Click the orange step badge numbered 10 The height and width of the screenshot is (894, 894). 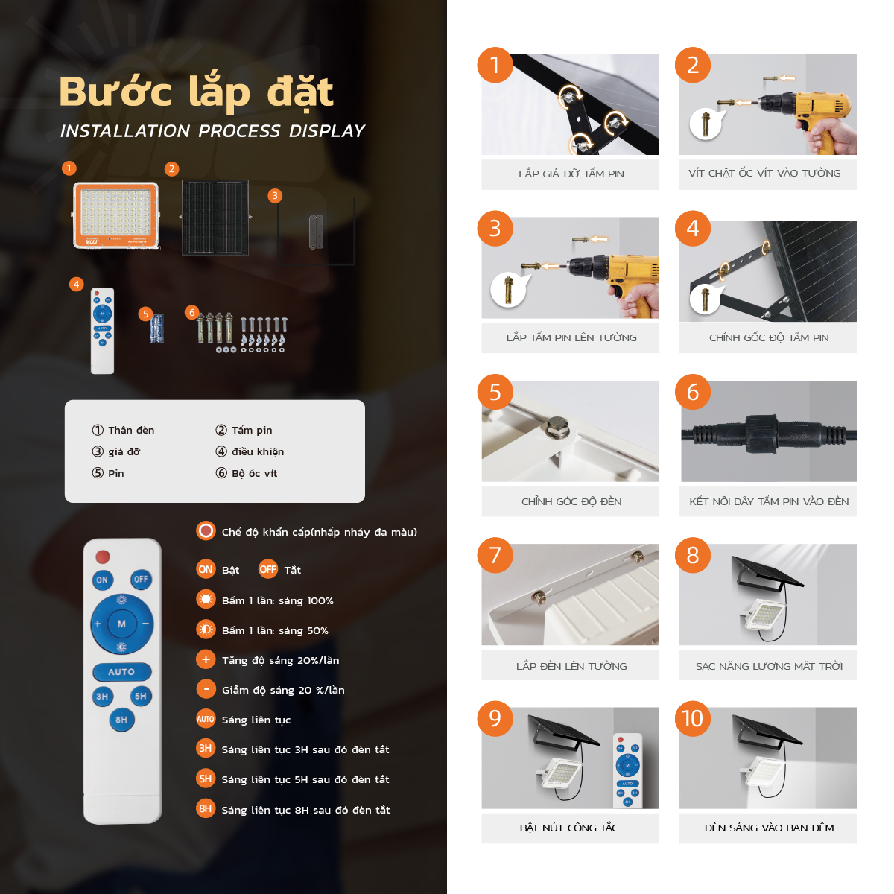click(x=692, y=719)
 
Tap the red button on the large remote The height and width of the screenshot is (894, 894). click(x=103, y=557)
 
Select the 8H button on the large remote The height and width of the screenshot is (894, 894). click(x=121, y=720)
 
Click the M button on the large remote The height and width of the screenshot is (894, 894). click(x=121, y=624)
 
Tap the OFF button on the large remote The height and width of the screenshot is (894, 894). click(x=141, y=579)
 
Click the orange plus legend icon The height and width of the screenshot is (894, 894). click(x=206, y=659)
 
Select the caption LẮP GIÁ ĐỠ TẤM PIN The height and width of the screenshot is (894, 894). click(x=571, y=174)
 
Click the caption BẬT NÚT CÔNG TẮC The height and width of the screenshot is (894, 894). click(x=569, y=828)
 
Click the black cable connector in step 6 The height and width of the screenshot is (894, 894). click(x=768, y=434)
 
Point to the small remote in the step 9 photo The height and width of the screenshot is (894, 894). click(x=627, y=770)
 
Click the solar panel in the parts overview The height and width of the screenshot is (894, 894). click(x=215, y=218)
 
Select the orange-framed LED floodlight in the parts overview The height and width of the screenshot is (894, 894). click(x=116, y=215)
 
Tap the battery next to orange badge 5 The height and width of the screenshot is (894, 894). click(x=156, y=328)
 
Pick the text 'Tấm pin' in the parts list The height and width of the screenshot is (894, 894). click(x=252, y=430)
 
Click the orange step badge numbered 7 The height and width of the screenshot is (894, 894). click(x=495, y=555)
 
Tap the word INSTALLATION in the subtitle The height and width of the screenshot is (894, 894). click(x=125, y=131)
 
